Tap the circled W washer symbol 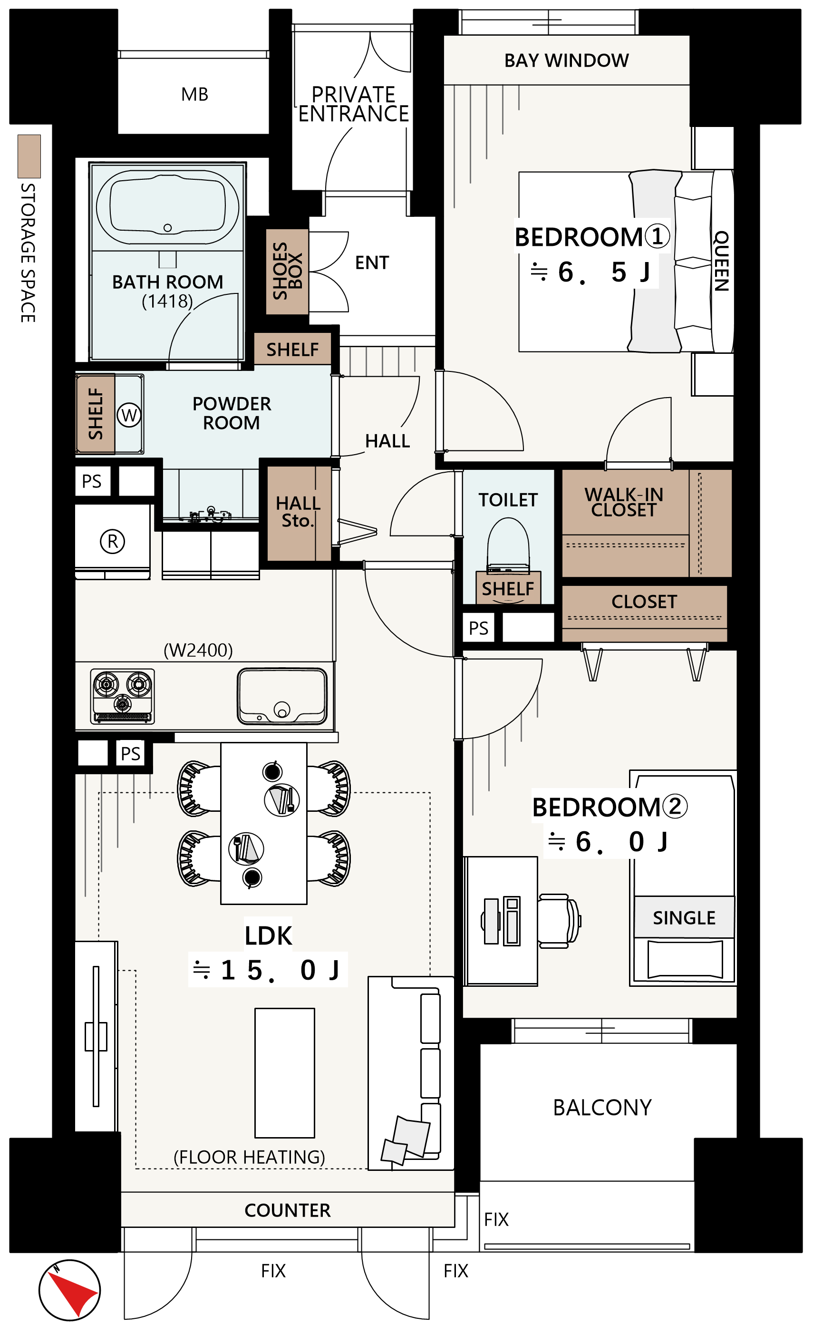tap(129, 415)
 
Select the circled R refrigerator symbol tap(113, 541)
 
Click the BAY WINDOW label tap(566, 60)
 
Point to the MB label tap(194, 94)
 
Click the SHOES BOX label tap(288, 271)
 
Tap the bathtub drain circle tap(168, 228)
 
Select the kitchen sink tap(282, 696)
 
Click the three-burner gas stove tap(123, 696)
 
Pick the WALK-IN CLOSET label tap(624, 502)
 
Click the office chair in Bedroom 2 tap(559, 921)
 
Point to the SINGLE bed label tap(684, 918)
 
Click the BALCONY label tap(602, 1108)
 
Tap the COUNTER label tap(288, 1210)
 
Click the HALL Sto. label tap(298, 512)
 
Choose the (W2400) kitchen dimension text tap(198, 650)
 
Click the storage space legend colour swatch tap(29, 156)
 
